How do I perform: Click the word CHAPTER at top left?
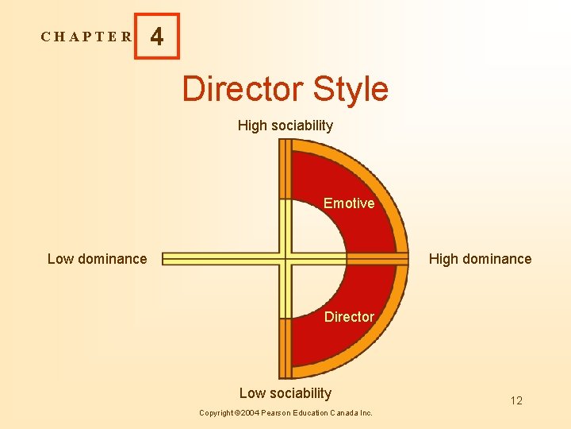point(86,37)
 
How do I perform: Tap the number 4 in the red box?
point(157,37)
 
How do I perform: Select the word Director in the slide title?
point(243,89)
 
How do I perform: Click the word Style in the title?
point(351,89)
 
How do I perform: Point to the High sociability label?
point(285,126)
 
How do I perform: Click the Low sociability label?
point(285,393)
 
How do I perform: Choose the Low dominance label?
point(97,259)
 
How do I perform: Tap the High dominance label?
point(480,259)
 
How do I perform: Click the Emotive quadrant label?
point(349,203)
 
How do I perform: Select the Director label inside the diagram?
point(349,317)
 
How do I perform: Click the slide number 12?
point(516,400)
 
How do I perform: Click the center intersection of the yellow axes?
point(285,258)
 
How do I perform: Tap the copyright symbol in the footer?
point(238,413)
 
